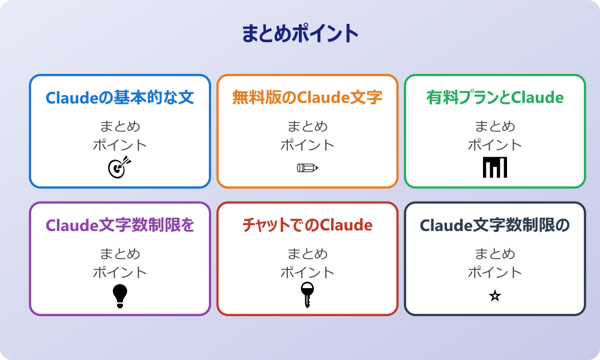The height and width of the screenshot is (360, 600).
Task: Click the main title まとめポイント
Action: click(x=300, y=34)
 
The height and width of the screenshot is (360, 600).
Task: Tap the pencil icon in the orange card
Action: click(x=307, y=167)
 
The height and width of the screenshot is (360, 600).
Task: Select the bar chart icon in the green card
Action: click(x=495, y=167)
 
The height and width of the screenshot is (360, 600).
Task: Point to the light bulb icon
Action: click(x=120, y=295)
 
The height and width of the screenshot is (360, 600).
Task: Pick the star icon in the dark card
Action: click(x=495, y=296)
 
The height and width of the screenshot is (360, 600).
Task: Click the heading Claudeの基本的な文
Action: click(x=120, y=98)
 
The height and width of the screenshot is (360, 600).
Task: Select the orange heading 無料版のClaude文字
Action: click(x=307, y=98)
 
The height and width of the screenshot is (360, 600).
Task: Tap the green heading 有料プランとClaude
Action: click(x=495, y=98)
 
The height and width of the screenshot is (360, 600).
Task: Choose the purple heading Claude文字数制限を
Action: click(x=120, y=226)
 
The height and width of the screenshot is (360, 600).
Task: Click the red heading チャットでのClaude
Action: click(x=307, y=226)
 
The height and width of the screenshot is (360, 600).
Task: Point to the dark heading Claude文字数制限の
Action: click(x=495, y=226)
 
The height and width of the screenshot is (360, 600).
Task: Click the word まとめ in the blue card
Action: click(x=120, y=127)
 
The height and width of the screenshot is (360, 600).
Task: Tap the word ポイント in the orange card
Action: click(x=307, y=145)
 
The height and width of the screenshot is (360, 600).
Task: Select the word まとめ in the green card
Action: click(x=495, y=127)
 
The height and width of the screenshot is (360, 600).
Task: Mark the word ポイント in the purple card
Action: click(x=120, y=272)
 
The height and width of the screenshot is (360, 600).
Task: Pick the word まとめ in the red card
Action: click(x=307, y=254)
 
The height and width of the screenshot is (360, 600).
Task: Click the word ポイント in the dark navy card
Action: click(x=495, y=272)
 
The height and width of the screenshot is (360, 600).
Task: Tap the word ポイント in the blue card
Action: click(x=120, y=145)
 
